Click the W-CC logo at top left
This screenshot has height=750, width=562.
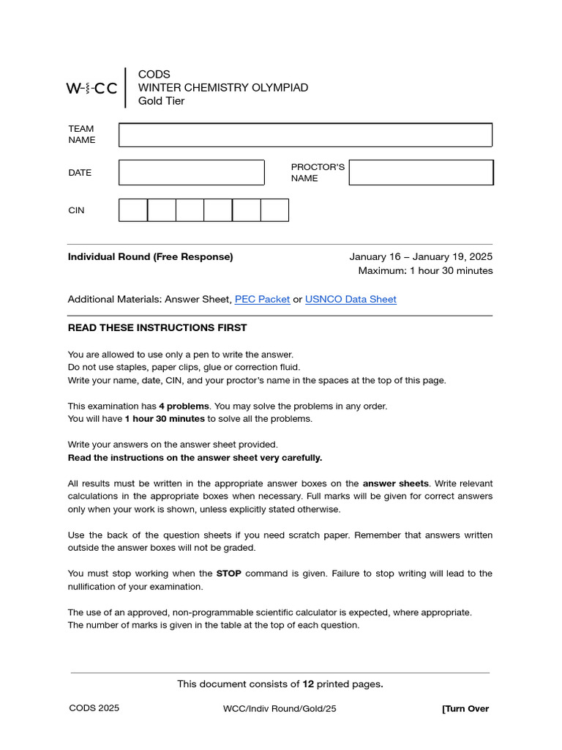[91, 89]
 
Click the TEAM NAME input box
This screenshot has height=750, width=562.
[305, 135]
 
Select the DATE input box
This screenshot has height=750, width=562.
[191, 173]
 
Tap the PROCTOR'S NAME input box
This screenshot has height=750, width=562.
[421, 173]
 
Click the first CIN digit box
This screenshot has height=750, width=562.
[133, 210]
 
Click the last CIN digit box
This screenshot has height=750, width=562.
[274, 210]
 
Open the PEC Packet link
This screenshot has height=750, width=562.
[262, 299]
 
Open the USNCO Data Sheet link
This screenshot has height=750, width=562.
[351, 299]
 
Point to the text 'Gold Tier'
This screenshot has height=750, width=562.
[161, 101]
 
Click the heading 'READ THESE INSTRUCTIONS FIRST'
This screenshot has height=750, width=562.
[157, 327]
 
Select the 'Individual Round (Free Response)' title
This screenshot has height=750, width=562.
[150, 256]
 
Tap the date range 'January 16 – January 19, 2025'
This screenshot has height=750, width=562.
[421, 256]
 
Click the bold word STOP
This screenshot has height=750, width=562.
[229, 573]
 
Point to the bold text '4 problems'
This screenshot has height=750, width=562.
[184, 406]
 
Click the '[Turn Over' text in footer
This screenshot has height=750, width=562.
[465, 708]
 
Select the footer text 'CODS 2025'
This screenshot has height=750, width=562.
[94, 708]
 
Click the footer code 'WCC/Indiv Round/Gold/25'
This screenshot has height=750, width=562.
[280, 708]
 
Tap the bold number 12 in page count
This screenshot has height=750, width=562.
[308, 684]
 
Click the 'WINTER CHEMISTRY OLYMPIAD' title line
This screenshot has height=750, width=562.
[223, 88]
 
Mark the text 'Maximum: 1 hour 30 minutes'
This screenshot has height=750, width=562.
[425, 271]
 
